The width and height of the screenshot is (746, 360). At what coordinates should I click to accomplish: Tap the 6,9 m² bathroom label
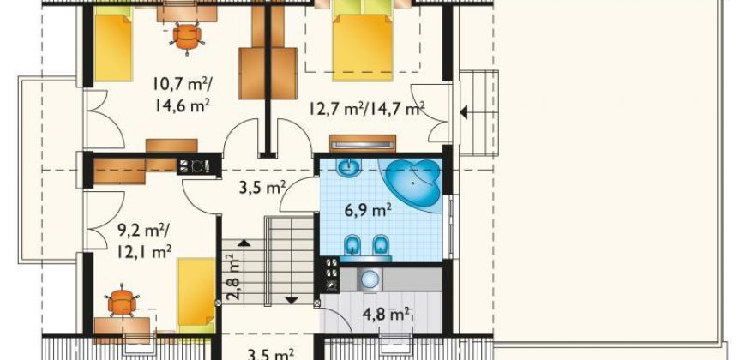(x=368, y=209)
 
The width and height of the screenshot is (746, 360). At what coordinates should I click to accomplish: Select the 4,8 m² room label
(x=387, y=315)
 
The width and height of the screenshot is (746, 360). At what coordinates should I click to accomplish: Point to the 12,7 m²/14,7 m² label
(x=367, y=110)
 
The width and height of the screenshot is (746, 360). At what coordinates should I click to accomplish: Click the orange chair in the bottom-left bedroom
(x=123, y=302)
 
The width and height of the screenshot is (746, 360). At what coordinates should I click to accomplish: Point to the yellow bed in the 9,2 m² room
(x=196, y=295)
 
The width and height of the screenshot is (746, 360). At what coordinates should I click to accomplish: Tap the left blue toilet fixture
(x=352, y=244)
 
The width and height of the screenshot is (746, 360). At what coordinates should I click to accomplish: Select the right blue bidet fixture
(x=380, y=244)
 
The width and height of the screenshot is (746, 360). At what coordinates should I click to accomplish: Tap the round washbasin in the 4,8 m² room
(x=370, y=279)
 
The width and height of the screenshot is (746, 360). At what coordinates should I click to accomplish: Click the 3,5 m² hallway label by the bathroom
(x=262, y=188)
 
